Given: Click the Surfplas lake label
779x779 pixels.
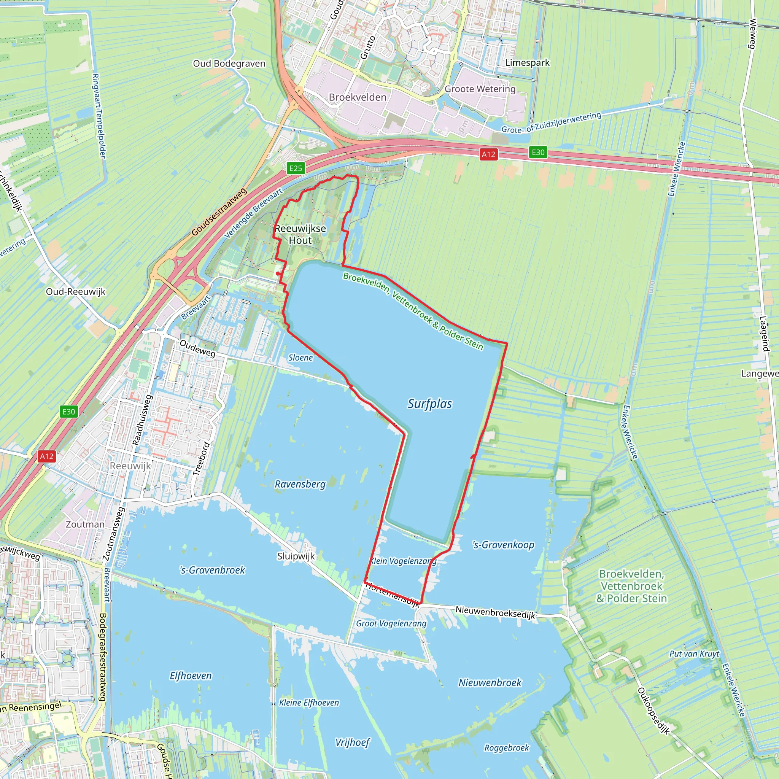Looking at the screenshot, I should click(x=430, y=404).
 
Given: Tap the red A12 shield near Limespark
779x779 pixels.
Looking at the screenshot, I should click(x=488, y=154).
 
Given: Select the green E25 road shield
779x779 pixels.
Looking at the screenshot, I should click(x=296, y=168).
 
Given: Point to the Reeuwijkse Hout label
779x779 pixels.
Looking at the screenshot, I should click(x=300, y=234).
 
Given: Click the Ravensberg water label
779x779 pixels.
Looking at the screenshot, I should click(x=300, y=484).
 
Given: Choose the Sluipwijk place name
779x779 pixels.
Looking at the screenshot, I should click(x=296, y=556).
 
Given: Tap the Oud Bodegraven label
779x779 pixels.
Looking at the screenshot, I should click(x=229, y=63).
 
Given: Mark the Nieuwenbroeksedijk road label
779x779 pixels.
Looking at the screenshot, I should click(x=495, y=612).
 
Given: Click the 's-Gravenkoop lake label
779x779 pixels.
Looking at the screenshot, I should click(x=503, y=545).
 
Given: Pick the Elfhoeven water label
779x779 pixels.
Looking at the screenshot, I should click(x=190, y=676).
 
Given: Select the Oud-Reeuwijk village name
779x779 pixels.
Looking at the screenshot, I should click(x=75, y=291).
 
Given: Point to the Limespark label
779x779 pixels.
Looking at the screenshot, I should click(x=528, y=62).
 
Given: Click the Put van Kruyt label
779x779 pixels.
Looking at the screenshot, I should click(x=694, y=653).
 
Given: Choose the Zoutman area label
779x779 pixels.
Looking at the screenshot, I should click(x=85, y=524).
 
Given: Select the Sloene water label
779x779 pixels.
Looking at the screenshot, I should click(x=300, y=358).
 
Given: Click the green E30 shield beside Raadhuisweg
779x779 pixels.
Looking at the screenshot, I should click(x=68, y=412).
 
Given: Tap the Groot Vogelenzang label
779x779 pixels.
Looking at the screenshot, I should click(x=391, y=624).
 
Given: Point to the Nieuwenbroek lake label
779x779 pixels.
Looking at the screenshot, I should click(x=490, y=683).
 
